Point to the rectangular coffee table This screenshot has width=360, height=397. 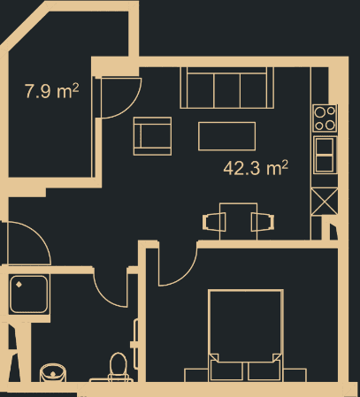228,137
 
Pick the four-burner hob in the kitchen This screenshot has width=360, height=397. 325,117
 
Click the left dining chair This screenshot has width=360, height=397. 213,221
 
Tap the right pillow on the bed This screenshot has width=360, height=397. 264,370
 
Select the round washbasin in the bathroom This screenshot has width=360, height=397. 55,372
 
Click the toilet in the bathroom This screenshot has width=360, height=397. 117,366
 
